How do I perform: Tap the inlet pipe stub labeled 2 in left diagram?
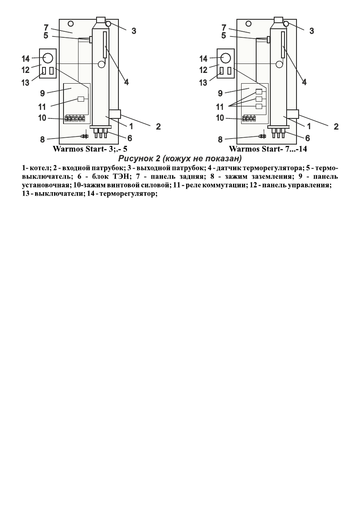pos(115,114)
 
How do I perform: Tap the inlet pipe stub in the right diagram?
pos(292,114)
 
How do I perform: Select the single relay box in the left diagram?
pos(81,99)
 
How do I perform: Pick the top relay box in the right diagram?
pos(259,91)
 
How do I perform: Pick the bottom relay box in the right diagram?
pos(259,106)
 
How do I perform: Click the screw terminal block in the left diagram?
pos(74,118)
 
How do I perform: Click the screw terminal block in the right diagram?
pos(249,118)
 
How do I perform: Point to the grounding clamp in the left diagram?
pos(85,136)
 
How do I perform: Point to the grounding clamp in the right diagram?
pos(263,136)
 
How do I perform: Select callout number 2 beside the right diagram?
pos(336,127)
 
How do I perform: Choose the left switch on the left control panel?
pos(44,70)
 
